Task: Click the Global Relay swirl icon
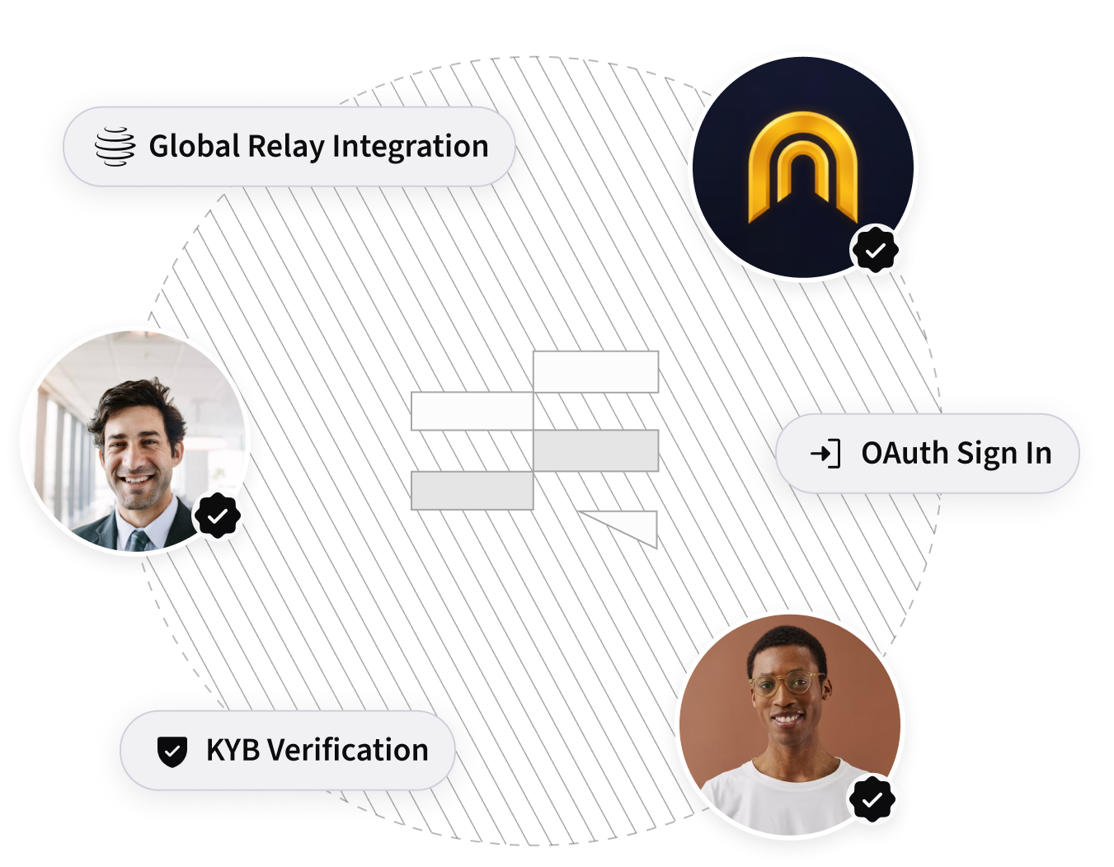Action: (x=115, y=147)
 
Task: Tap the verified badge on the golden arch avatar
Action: (x=875, y=248)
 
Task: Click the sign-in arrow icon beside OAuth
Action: (x=825, y=454)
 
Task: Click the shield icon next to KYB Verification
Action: (x=172, y=751)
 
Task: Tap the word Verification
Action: (x=348, y=751)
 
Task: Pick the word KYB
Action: (x=233, y=751)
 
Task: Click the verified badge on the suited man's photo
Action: (x=217, y=516)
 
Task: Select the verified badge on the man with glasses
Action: (x=873, y=799)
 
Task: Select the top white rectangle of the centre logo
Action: (x=595, y=371)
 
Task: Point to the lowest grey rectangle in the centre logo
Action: (x=472, y=490)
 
